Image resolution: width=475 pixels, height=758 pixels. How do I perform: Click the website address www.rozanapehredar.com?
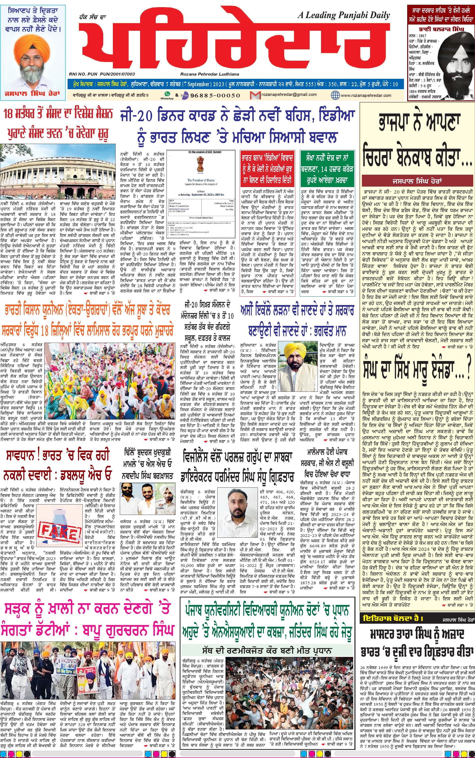click(366, 95)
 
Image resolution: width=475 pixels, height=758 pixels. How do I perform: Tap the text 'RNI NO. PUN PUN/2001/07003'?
click(102, 74)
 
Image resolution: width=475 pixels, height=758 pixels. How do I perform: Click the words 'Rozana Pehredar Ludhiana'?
click(210, 74)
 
